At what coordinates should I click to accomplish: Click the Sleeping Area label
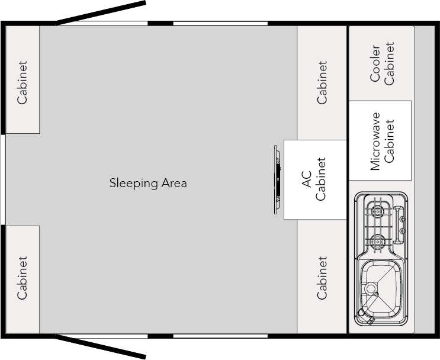(148, 183)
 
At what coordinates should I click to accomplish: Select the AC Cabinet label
(314, 180)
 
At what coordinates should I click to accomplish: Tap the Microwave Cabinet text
(383, 141)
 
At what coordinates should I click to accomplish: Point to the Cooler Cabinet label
(383, 63)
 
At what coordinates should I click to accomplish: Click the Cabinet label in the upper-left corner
(22, 82)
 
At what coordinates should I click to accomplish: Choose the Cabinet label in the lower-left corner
(22, 278)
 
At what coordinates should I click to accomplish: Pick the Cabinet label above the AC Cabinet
(322, 82)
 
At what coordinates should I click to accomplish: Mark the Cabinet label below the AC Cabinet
(322, 278)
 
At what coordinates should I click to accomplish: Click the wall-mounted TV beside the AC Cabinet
(277, 180)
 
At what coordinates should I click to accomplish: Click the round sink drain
(371, 289)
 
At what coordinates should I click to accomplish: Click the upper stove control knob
(402, 219)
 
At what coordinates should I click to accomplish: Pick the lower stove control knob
(402, 230)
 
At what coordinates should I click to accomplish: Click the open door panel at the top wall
(101, 14)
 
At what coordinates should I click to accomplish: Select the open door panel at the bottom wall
(101, 347)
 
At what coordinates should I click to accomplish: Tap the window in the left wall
(3, 179)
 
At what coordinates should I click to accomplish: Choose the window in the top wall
(220, 24)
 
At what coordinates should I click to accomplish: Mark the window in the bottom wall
(220, 336)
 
